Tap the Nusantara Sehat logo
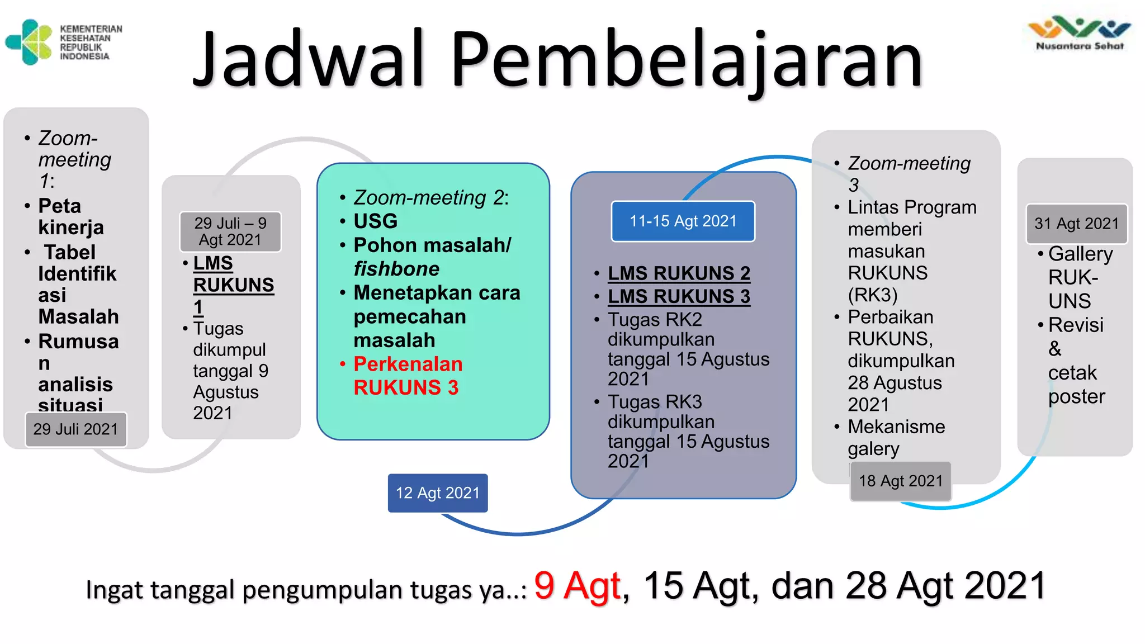pos(1079,34)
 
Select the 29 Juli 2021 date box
pos(76,429)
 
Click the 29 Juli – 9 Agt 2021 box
pos(230,231)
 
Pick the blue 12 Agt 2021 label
pos(438,493)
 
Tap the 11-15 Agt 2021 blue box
pos(683,221)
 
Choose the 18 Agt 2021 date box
pos(901,481)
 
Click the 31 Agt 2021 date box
pos(1076,224)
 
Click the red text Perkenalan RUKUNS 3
pos(408,376)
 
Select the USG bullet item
pos(376,221)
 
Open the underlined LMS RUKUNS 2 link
pos(679,273)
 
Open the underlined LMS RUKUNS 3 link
pos(679,296)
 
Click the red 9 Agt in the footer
pos(577,586)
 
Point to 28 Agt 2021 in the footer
pos(945,586)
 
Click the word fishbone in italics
pos(396,269)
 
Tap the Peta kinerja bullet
pos(70,217)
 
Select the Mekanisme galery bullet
pos(896,438)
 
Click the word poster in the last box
pos(1076,396)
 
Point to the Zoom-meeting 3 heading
pos(909,173)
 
